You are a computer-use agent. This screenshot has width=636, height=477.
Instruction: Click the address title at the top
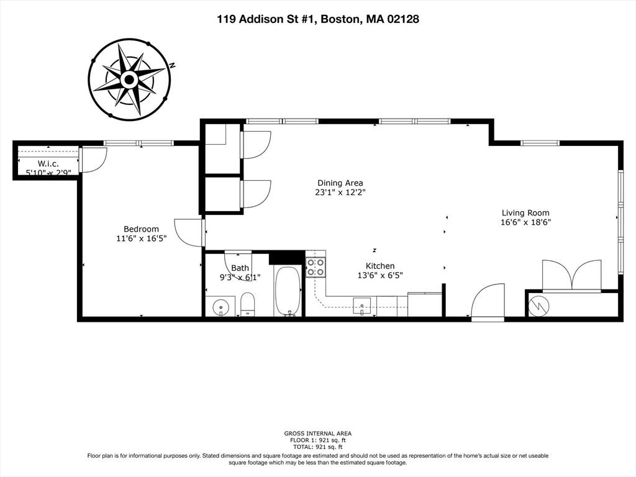[317, 19]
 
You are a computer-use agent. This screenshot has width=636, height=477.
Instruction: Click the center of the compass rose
[129, 79]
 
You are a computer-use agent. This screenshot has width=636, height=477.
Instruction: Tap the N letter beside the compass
[174, 65]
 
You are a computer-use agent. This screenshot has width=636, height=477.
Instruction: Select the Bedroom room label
[141, 229]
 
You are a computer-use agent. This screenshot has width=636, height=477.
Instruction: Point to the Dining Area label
[340, 183]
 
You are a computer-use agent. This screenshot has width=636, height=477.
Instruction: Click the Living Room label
[525, 213]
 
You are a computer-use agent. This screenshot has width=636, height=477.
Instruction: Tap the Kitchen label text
[379, 266]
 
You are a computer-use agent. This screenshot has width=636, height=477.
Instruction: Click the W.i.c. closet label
[47, 163]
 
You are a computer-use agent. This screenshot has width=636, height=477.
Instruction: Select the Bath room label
[240, 268]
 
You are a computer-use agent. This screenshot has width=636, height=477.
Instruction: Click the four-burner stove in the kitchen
[316, 267]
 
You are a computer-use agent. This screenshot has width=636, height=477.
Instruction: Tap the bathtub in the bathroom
[288, 291]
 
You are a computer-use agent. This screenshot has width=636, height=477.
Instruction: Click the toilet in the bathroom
[248, 304]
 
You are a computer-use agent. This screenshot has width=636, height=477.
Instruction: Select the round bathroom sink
[220, 307]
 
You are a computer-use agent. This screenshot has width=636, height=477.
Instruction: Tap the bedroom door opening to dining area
[190, 232]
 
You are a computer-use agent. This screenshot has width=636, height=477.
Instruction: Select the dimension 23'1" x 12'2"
[340, 193]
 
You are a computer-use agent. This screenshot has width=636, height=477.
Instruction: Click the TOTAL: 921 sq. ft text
[317, 447]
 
